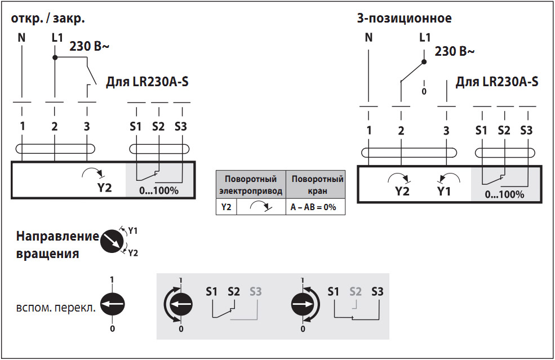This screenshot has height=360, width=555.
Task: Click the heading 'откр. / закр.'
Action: [x=48, y=18]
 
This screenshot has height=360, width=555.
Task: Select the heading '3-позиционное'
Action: [x=404, y=18]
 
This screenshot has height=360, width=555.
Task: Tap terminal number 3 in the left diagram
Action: [x=86, y=126]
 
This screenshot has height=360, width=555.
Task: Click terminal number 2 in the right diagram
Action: [x=401, y=131]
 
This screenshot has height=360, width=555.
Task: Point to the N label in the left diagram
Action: [x=22, y=39]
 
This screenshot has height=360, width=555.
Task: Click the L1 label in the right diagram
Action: [x=425, y=38]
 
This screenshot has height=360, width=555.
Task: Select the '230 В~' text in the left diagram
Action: [x=89, y=47]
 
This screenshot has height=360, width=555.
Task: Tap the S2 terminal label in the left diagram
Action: [x=158, y=126]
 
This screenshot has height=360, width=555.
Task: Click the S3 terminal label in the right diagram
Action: [x=526, y=131]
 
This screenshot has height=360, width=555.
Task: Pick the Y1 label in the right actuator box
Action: [x=444, y=191]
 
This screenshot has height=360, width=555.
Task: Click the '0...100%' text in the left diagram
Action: [x=158, y=190]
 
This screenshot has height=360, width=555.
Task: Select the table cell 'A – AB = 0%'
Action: [x=313, y=207]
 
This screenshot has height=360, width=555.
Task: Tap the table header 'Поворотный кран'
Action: [x=317, y=184]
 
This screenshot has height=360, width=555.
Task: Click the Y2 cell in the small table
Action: [x=226, y=207]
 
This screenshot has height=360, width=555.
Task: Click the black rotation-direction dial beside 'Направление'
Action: [x=111, y=242]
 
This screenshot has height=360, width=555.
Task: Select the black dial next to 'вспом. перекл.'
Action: [x=112, y=305]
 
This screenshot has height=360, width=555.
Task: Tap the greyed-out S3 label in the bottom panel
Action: [x=255, y=292]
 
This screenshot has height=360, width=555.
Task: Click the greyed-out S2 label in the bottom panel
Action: [x=355, y=292]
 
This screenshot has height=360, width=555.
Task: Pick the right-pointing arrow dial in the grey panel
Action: [x=303, y=305]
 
